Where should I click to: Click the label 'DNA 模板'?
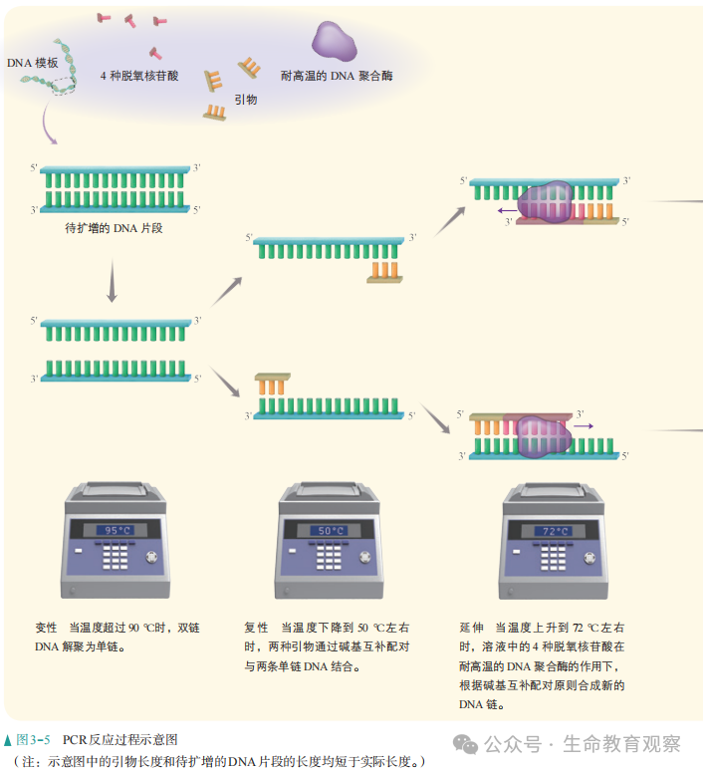tap(32, 63)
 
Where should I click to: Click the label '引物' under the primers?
tap(246, 100)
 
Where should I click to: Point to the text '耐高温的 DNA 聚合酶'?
tap(337, 76)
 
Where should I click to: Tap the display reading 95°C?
tap(113, 531)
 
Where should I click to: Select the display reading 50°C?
tap(330, 531)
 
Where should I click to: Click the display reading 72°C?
tap(553, 531)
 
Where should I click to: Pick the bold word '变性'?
tap(46, 628)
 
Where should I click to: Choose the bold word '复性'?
tap(256, 628)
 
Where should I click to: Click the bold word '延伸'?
tap(471, 628)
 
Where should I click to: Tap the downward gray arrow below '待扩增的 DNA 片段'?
tap(113, 283)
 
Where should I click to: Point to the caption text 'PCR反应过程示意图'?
tap(119, 740)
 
